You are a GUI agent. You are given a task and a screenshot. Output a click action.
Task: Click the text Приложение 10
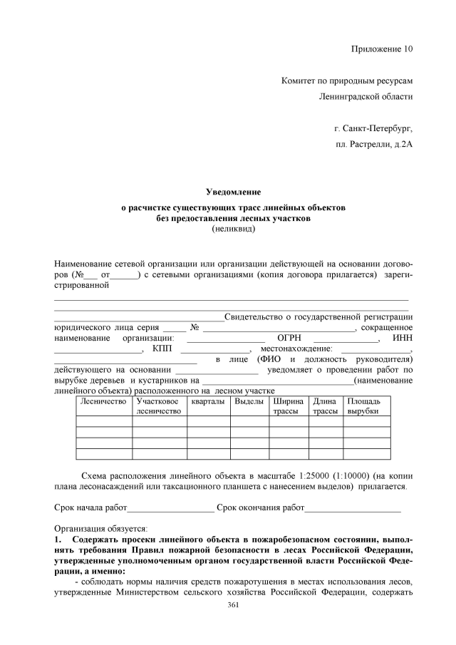click(x=382, y=49)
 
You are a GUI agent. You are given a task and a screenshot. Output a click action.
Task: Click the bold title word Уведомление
click(x=233, y=192)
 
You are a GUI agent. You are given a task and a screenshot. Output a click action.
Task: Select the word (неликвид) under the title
click(x=233, y=229)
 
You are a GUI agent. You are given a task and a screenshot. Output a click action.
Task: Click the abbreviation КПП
click(x=162, y=349)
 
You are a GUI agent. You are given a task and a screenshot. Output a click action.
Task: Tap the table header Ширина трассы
click(x=288, y=407)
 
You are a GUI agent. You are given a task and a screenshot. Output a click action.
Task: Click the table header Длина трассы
click(x=325, y=407)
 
